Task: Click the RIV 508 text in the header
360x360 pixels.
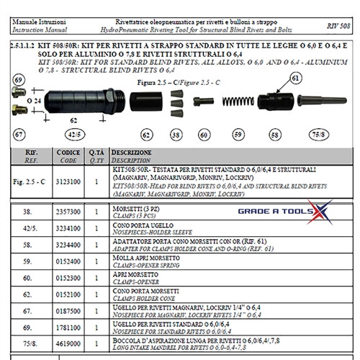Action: click(x=338, y=24)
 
